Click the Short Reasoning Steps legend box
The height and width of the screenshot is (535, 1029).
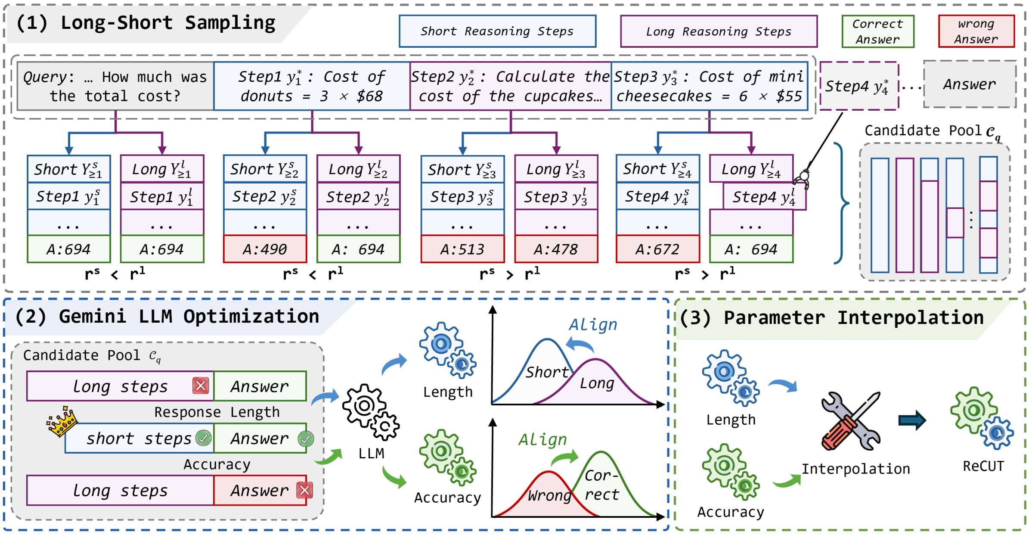point(497,31)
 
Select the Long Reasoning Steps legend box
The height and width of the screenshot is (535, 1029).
point(719,31)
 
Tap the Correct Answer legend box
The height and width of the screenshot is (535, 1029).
point(877,31)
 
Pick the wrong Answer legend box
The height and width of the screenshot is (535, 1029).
point(976,31)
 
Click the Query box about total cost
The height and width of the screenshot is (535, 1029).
point(115,86)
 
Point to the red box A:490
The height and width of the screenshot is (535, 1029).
point(265,249)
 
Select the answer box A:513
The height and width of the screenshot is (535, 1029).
point(462,249)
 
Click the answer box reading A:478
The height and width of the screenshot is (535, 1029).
point(556,249)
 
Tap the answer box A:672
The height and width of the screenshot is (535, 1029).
point(657,249)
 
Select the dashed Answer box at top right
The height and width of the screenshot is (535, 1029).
point(970,84)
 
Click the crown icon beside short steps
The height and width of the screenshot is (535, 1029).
point(62,421)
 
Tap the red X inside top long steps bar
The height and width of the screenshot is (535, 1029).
point(201,386)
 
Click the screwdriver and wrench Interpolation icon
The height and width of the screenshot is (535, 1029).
point(851,421)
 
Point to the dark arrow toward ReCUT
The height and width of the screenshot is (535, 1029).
point(912,420)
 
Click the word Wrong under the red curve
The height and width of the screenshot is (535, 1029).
point(549,495)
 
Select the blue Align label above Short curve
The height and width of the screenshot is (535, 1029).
point(593,325)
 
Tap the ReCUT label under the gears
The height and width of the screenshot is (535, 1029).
point(983,466)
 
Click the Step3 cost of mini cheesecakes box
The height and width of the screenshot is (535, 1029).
point(709,86)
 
